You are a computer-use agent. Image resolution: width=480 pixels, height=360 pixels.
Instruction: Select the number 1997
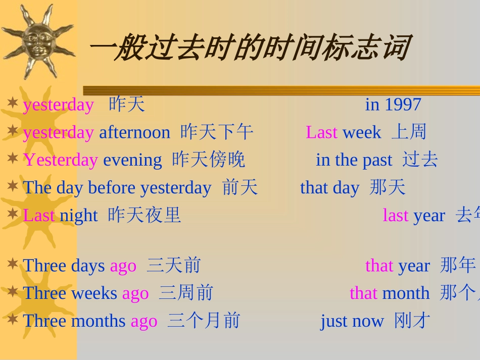[x=403, y=105]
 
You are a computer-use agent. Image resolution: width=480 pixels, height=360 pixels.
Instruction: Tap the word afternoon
[x=134, y=132]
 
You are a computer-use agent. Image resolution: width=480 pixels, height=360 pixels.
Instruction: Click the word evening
[x=132, y=160]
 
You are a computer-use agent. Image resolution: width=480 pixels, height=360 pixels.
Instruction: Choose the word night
[x=78, y=216]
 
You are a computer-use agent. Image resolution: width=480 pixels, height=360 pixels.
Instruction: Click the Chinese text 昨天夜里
[x=145, y=216]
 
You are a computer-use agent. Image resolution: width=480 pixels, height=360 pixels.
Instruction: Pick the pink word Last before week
[x=321, y=132]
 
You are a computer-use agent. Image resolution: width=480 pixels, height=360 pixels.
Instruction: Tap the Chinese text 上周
[x=409, y=132]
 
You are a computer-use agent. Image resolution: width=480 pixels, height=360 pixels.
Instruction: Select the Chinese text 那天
[x=388, y=188]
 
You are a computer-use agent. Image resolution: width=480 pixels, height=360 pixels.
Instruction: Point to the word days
[x=87, y=266]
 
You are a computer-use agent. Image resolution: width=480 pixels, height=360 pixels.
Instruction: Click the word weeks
[x=94, y=293]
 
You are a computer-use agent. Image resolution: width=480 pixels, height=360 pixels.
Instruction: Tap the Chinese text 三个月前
[x=204, y=321]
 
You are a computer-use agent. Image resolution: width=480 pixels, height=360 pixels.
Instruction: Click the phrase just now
[x=352, y=321]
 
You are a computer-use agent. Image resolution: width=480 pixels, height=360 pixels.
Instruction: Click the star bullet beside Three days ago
[x=13, y=264]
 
